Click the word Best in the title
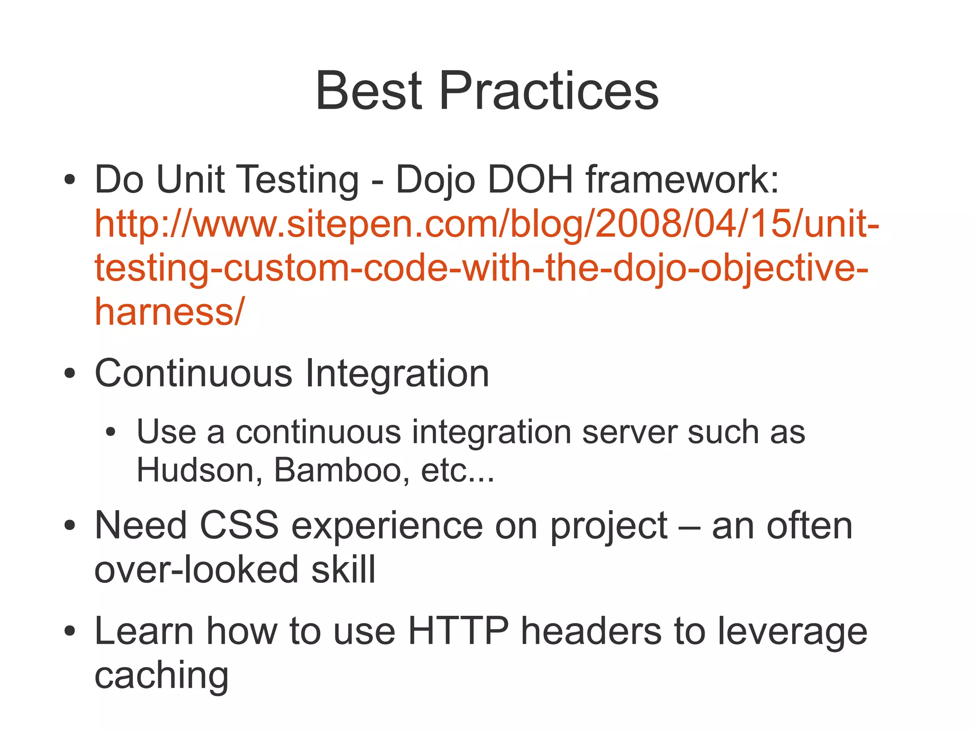368,90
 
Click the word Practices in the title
548,90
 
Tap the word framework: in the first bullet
682,180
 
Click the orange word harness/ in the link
169,311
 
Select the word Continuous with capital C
193,373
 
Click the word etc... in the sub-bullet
458,471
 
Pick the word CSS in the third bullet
239,526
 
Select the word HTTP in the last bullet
458,631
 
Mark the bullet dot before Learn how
70,632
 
